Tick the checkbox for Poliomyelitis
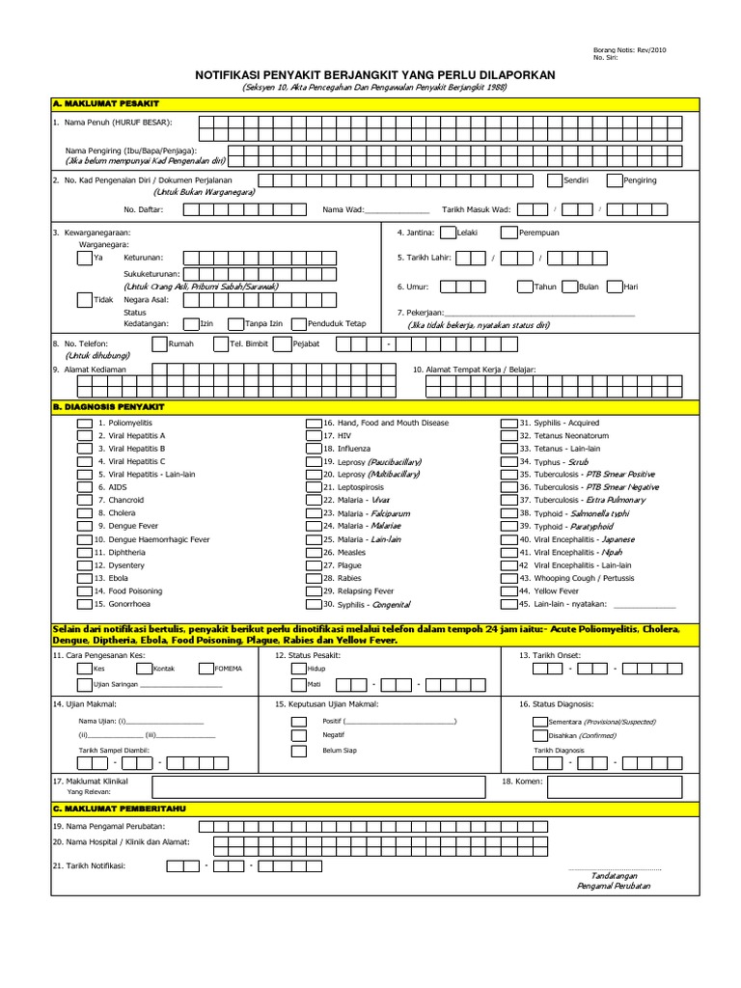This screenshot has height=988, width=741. coord(84,424)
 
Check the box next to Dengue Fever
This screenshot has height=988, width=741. coord(84,527)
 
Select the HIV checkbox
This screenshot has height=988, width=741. coord(314,436)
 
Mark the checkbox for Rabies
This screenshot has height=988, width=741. coord(314,578)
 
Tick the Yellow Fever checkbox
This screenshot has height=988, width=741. coord(508,590)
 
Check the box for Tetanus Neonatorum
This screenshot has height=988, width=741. coord(508,436)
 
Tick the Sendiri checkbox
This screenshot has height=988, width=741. coord(556,180)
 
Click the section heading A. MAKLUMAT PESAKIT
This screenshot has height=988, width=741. coord(106,102)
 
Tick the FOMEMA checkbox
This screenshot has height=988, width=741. coord(206,668)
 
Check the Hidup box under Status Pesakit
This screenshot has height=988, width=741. coord(297,668)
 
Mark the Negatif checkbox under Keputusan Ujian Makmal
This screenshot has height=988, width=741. coord(297,734)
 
